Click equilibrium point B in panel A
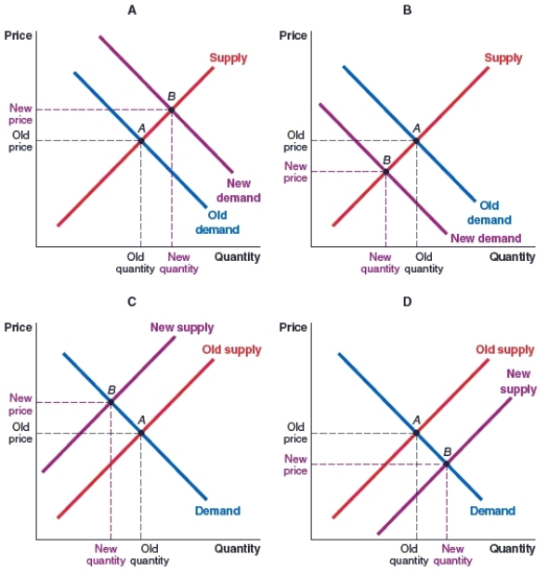pos(171,110)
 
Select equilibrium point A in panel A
pos(140,140)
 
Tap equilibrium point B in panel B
pos(385,171)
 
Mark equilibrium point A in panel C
pos(140,433)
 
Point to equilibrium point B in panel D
pos(447,463)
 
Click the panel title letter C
pos(132,302)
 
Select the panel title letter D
pos(407,302)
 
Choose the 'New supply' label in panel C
pos(182,328)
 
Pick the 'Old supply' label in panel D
pos(504,350)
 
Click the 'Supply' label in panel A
pos(228,59)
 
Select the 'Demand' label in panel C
pos(217,511)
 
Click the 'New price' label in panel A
pos(20,114)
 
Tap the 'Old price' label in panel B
pos(295,140)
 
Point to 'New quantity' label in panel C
pos(106,554)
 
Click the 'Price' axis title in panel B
pos(293,35)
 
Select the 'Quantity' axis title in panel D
pos(513,549)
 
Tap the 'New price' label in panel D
pos(295,464)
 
